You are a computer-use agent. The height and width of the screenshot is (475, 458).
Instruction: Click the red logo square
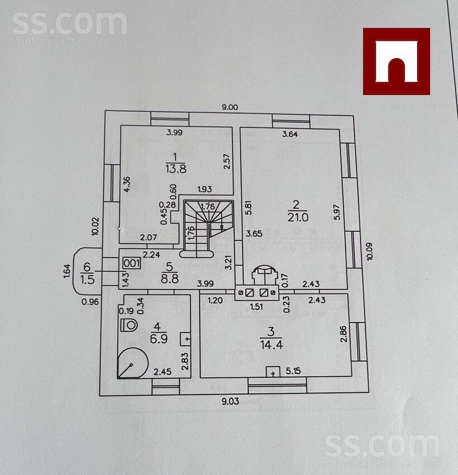tap(396, 61)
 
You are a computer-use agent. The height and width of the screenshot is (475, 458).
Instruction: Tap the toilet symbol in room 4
tap(129, 325)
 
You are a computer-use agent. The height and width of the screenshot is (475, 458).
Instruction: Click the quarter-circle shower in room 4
tap(132, 363)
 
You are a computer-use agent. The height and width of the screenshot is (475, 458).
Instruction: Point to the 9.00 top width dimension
tap(230, 107)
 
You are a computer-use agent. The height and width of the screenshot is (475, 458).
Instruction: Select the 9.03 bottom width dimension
tap(230, 401)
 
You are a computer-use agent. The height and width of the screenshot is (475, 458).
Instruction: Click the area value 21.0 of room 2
tap(298, 217)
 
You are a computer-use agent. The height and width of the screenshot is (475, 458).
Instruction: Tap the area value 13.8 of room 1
tap(176, 168)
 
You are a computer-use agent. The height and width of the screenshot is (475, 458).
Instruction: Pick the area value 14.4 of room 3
tap(271, 345)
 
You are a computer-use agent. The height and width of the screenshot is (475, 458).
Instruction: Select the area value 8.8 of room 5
tap(170, 278)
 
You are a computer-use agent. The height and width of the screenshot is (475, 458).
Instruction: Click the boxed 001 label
tap(132, 263)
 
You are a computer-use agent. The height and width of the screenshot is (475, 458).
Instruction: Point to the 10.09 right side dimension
tap(370, 251)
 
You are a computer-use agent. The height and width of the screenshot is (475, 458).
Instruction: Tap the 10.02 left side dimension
tap(95, 226)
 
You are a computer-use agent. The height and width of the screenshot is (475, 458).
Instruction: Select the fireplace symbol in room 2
tap(265, 275)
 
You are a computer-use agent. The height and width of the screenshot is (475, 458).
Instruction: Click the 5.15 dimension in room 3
tap(293, 371)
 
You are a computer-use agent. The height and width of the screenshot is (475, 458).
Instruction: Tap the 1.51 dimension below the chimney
tap(256, 307)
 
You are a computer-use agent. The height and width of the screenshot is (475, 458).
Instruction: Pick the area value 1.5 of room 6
tap(87, 279)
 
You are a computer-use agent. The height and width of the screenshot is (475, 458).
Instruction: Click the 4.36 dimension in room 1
tap(127, 184)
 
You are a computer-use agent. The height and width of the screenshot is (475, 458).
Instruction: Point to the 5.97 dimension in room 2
tap(337, 212)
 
